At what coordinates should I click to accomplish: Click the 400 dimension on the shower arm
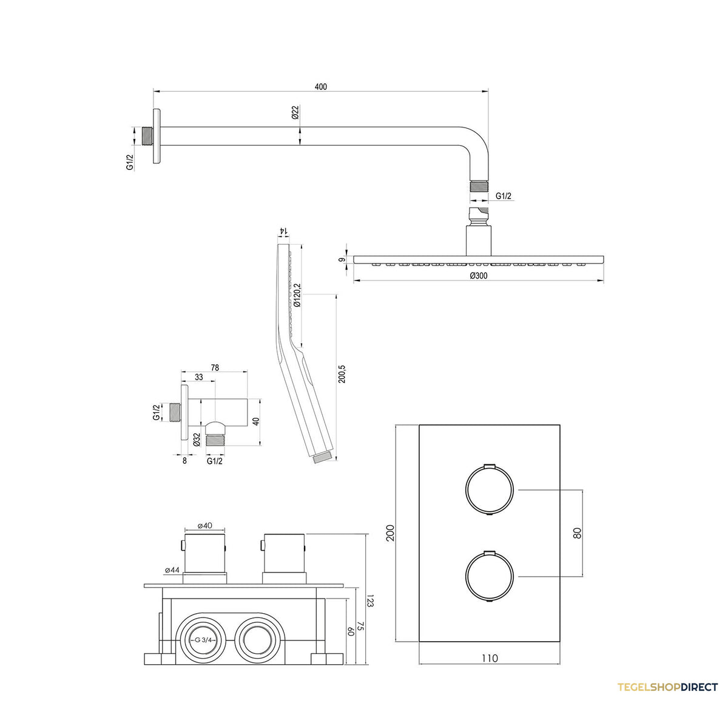(320, 86)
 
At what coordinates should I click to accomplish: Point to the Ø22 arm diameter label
(295, 112)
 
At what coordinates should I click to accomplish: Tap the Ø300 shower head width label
(479, 276)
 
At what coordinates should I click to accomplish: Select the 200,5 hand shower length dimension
(342, 374)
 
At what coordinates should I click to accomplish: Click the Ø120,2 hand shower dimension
(297, 296)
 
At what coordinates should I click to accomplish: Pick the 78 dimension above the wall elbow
(215, 368)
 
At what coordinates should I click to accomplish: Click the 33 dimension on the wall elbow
(198, 377)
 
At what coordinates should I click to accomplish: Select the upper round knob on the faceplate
(490, 490)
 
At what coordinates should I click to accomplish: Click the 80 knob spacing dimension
(577, 533)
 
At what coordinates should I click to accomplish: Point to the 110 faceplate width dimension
(490, 657)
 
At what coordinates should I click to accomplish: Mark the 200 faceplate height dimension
(390, 532)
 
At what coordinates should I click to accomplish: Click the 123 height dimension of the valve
(370, 601)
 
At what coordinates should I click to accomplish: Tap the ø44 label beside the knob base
(172, 570)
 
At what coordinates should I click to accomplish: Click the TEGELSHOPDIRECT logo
(667, 687)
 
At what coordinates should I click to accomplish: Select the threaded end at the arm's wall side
(148, 136)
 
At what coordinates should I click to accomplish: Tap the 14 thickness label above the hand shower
(283, 230)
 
